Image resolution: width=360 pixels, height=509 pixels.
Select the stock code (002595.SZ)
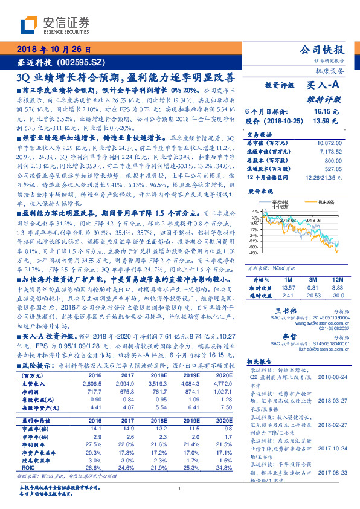(x=83, y=62)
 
